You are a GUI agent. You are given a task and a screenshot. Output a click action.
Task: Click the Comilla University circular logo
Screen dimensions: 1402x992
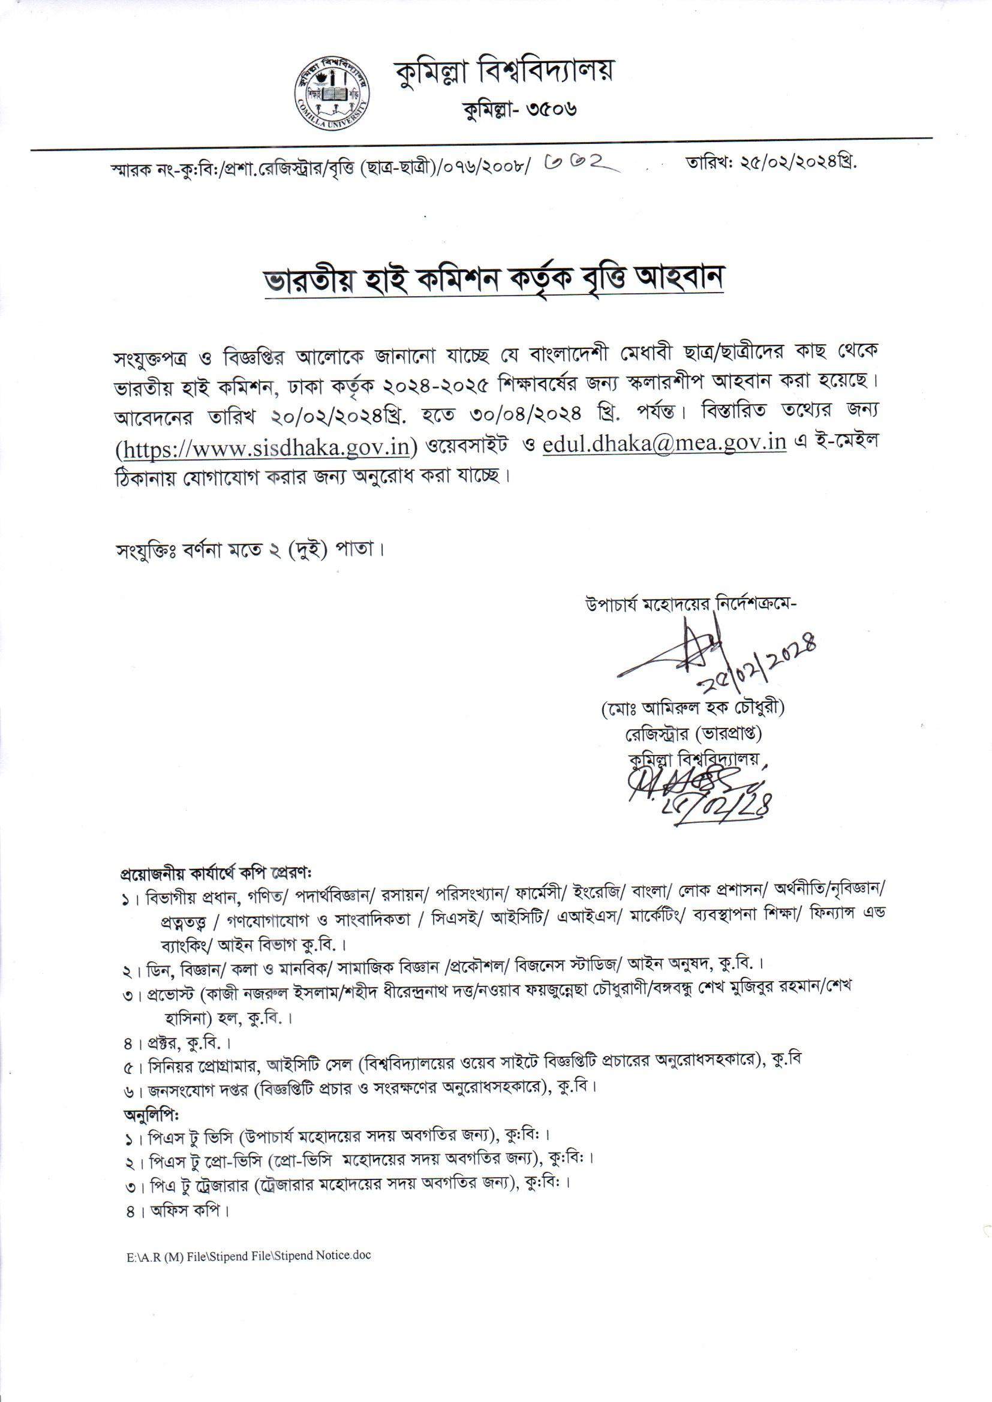(333, 95)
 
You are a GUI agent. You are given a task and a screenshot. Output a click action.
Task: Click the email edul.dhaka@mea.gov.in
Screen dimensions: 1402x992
(664, 442)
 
